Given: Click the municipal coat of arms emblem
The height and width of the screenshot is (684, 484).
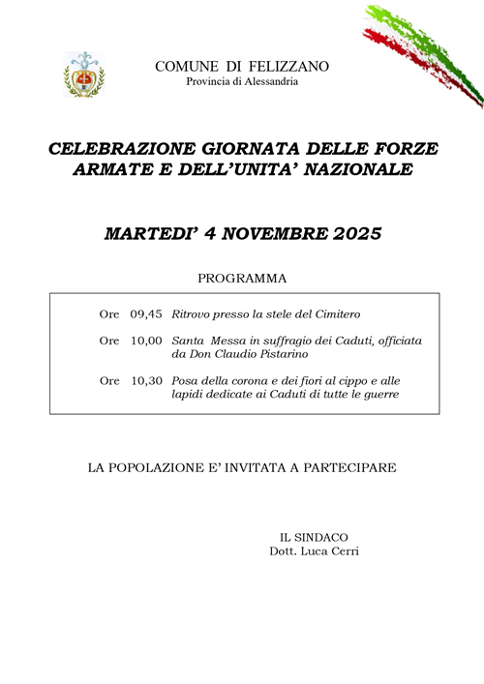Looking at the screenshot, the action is [x=84, y=74].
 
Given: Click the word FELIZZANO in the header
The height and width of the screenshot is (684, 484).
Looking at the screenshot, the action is [x=288, y=66].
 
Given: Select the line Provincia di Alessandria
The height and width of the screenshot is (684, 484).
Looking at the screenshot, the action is [x=242, y=82].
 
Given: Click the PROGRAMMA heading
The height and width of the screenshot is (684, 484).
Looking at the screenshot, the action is [x=242, y=279].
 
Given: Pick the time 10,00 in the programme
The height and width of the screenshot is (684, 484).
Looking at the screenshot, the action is [x=147, y=341].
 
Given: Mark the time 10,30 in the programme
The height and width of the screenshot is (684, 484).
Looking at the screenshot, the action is [x=147, y=381].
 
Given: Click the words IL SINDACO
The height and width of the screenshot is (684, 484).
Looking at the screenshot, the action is [x=314, y=537].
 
